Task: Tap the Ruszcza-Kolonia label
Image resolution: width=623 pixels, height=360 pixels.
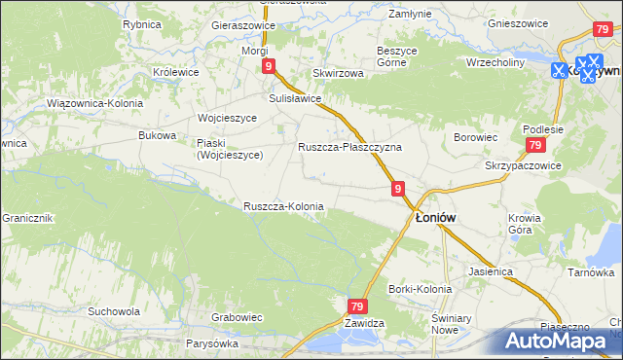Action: [283, 206]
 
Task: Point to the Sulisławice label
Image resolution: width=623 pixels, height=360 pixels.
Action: [295, 98]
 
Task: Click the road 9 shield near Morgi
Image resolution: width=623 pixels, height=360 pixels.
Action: [268, 65]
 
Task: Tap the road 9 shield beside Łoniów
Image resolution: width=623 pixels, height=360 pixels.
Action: [398, 187]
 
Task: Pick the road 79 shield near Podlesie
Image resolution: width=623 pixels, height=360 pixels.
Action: [534, 145]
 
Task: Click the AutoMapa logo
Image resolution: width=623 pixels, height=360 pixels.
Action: [562, 340]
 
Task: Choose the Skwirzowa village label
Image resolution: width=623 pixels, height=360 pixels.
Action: [338, 73]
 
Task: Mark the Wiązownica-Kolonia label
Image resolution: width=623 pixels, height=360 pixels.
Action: [94, 102]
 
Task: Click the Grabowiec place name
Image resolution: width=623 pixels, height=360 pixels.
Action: [238, 316]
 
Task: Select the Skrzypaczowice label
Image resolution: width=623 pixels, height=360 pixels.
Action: [524, 165]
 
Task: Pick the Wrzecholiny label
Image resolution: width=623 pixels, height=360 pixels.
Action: [495, 62]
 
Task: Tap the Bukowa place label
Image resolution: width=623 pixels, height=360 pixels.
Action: [158, 135]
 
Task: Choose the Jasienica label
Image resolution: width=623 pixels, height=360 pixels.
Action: [490, 271]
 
